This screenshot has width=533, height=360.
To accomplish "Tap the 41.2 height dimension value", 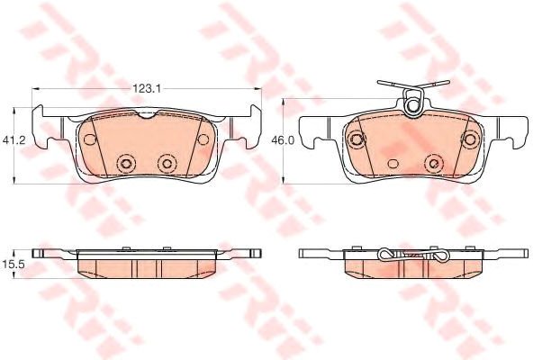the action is [14, 139].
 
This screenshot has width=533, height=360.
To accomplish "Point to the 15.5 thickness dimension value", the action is [14, 265].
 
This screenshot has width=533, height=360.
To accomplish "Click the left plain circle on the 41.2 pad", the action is [90, 139].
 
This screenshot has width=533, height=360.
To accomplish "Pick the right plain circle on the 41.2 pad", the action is [203, 139].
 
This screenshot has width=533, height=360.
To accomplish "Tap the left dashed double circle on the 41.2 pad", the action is [126, 164].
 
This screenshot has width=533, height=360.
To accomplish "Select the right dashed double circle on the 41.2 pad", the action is [167, 164].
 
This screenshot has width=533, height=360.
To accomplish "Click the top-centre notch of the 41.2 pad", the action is [147, 115].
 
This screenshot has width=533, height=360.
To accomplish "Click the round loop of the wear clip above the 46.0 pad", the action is [412, 104].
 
